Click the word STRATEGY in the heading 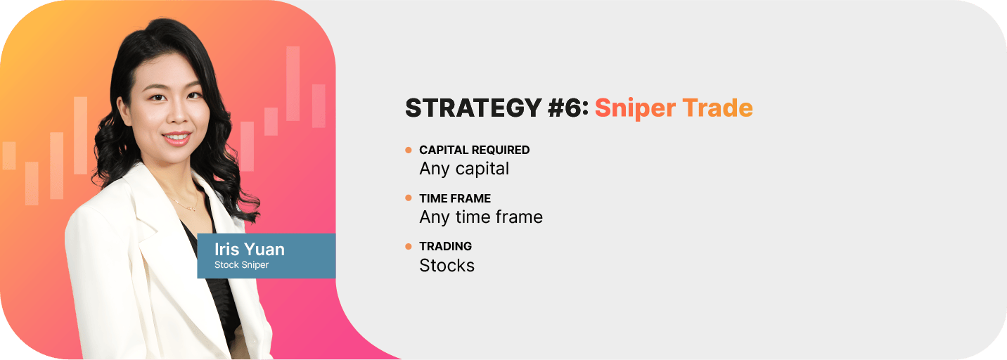click(x=473, y=108)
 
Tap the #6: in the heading click(x=568, y=108)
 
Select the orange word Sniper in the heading click(x=635, y=109)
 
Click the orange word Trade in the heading click(x=717, y=108)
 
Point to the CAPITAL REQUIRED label click(x=474, y=150)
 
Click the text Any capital click(x=464, y=169)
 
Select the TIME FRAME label click(x=455, y=198)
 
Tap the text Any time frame click(x=481, y=217)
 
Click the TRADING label click(x=446, y=246)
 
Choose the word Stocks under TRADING click(x=447, y=266)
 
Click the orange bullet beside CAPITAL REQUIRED click(x=408, y=150)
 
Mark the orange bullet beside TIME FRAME click(x=408, y=198)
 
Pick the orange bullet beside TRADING click(x=408, y=246)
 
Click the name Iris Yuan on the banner click(x=250, y=249)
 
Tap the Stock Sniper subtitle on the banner click(x=241, y=264)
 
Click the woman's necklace click(x=184, y=202)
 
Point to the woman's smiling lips click(x=177, y=139)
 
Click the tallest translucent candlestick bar click(x=293, y=84)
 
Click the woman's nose click(x=179, y=114)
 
